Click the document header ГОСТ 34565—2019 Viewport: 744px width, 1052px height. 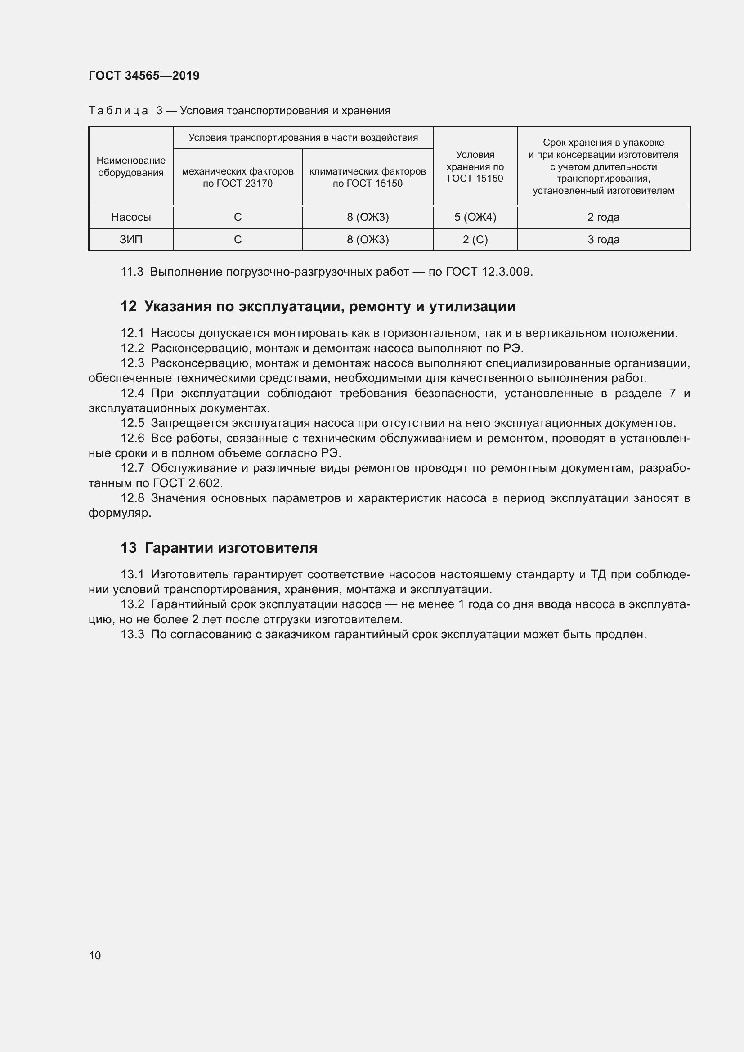[144, 76]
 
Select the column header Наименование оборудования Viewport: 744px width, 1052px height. [131, 166]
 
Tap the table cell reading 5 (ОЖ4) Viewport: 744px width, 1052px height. [475, 217]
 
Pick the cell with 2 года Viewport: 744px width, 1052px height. [603, 217]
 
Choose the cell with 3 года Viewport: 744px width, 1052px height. [603, 240]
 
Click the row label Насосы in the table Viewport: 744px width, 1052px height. [131, 217]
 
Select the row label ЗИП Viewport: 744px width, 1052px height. [131, 240]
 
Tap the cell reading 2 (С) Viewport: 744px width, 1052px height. [475, 240]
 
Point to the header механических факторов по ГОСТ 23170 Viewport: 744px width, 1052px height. [238, 177]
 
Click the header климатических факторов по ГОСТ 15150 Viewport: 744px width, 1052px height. [368, 177]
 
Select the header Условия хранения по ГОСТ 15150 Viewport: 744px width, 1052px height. [475, 166]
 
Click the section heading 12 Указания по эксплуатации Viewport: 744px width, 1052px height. [318, 307]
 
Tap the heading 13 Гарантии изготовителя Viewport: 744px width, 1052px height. [219, 548]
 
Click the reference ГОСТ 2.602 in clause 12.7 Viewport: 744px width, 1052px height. [188, 483]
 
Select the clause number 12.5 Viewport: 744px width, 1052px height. [132, 423]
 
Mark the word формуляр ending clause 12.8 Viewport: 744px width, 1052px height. [119, 513]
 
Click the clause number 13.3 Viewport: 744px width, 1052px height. [132, 635]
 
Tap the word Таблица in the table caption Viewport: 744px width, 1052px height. [118, 111]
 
